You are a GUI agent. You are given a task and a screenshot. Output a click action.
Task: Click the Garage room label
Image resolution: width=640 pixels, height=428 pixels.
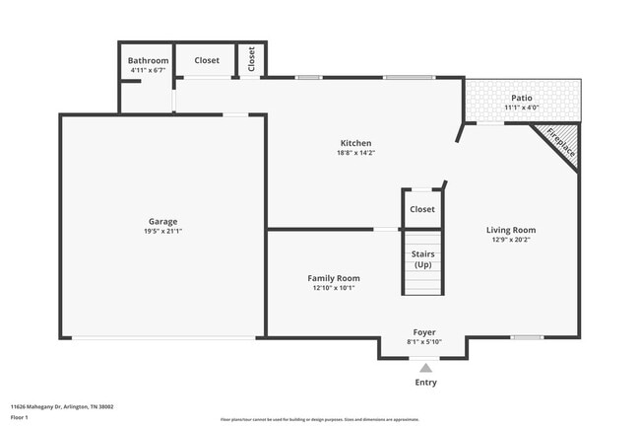(163, 221)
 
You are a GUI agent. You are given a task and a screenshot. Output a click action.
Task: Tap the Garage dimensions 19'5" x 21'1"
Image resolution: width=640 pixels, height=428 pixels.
(163, 232)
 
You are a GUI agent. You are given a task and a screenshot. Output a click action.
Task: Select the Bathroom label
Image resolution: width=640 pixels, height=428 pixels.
(148, 61)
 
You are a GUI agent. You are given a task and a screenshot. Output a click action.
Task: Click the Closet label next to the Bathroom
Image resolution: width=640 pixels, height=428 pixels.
(207, 61)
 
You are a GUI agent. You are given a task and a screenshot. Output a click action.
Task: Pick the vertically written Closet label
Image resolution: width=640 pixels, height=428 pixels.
(252, 59)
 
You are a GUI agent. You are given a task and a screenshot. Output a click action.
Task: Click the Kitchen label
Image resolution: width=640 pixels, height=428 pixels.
(355, 143)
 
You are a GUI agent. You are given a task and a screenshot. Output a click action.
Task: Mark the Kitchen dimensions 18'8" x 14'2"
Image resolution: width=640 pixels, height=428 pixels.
(355, 153)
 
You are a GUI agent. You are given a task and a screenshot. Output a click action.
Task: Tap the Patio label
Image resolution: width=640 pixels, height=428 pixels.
(522, 97)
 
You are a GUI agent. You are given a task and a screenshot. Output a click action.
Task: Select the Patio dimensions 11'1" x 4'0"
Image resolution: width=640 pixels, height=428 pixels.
(522, 107)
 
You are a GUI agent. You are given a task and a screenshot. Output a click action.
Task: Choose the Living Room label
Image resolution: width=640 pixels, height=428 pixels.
(511, 230)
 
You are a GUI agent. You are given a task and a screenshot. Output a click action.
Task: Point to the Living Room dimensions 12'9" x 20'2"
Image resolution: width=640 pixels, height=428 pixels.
(511, 240)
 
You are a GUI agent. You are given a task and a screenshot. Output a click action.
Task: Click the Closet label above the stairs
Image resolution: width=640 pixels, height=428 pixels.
(422, 209)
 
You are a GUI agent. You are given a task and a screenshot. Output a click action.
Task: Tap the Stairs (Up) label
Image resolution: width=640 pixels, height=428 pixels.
(422, 259)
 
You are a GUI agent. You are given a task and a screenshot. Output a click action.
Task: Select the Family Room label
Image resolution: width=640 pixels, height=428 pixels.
(334, 278)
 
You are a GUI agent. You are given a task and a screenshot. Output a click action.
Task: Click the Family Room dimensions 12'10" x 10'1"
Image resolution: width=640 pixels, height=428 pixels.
(334, 288)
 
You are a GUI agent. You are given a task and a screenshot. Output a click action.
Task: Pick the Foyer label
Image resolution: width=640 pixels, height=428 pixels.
(424, 332)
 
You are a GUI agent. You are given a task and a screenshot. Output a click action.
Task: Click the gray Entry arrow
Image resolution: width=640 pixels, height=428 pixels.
(425, 367)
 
